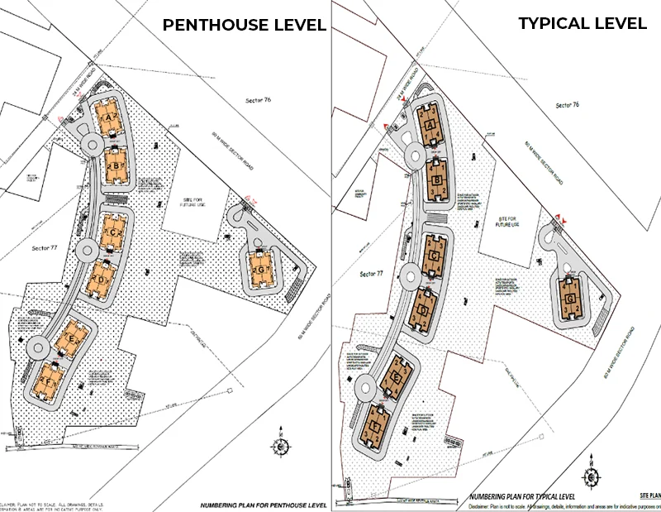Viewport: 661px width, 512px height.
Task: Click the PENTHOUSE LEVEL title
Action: point(244,24)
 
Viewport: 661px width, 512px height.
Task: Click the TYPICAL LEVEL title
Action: point(583,23)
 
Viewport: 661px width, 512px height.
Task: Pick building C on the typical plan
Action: point(434,256)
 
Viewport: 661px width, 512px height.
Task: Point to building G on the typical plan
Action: point(569,299)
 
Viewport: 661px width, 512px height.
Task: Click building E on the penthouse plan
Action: point(73,340)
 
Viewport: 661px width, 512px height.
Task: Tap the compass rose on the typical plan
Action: point(592,477)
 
